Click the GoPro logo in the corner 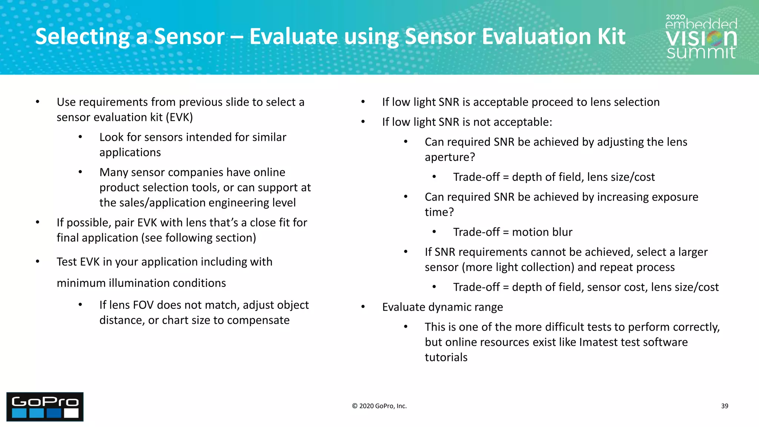click(x=45, y=407)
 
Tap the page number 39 click(x=725, y=406)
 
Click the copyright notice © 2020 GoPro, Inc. click(x=379, y=406)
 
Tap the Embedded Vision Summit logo click(x=701, y=37)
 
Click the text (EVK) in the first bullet click(x=179, y=117)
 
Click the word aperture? click(x=450, y=157)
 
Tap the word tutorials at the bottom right click(x=446, y=357)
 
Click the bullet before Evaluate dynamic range click(x=363, y=307)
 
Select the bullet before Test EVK click(x=37, y=262)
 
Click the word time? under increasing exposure click(x=439, y=212)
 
